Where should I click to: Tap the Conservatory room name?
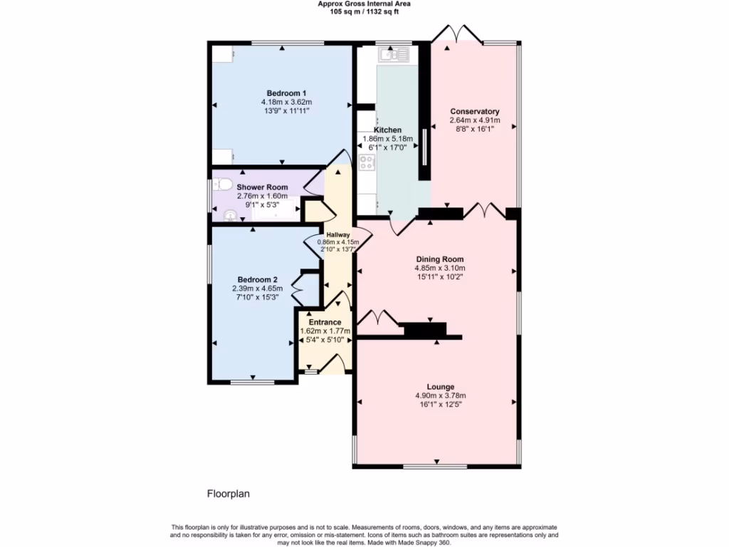(x=475, y=112)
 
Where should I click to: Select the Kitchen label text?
(x=388, y=130)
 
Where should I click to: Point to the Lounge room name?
(x=441, y=387)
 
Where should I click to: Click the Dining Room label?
(x=439, y=259)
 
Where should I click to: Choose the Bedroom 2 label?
(x=254, y=279)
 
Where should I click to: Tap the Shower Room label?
(x=263, y=187)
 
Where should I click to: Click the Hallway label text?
(x=338, y=234)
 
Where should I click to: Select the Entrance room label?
(x=325, y=322)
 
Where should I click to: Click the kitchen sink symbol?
(x=394, y=53)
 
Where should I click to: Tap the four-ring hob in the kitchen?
(x=367, y=162)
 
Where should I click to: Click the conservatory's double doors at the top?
(x=456, y=34)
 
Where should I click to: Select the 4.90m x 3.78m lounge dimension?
(x=441, y=396)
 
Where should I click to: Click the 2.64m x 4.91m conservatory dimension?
(x=475, y=121)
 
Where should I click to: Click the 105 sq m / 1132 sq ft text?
(x=364, y=11)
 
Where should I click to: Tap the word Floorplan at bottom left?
(x=229, y=493)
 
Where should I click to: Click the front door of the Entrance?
(x=332, y=365)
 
